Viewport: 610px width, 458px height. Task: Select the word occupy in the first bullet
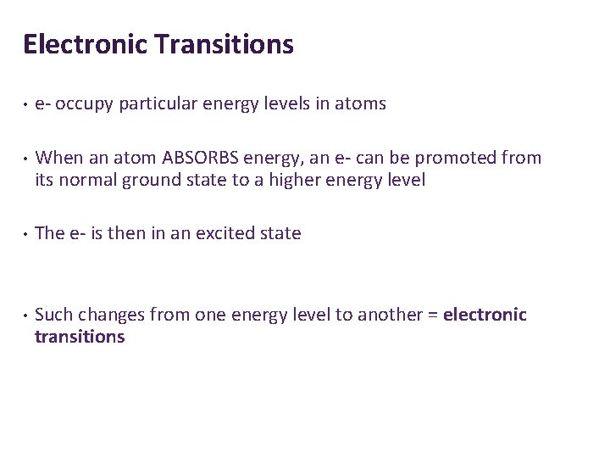click(x=87, y=104)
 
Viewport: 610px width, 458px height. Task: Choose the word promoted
click(x=457, y=158)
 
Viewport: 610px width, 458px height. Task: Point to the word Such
click(x=53, y=316)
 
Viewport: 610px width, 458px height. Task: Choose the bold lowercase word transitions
click(x=80, y=338)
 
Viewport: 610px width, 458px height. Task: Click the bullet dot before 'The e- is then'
click(x=27, y=234)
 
